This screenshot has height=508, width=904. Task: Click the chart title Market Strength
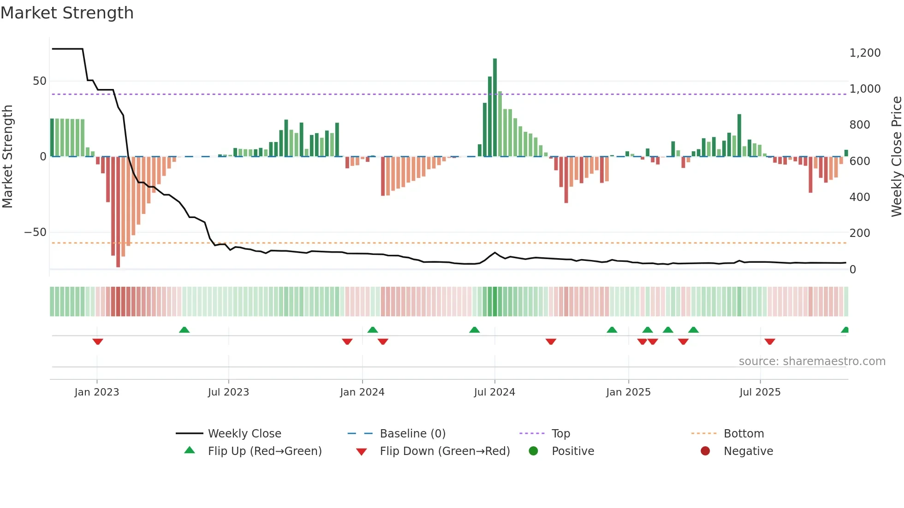pyautogui.click(x=67, y=13)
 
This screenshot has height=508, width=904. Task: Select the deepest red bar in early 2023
pyautogui.click(x=118, y=212)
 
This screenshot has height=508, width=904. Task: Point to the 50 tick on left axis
pyautogui.click(x=40, y=81)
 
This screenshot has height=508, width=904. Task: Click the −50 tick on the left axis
pyautogui.click(x=36, y=232)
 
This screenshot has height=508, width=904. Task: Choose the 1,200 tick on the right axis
pyautogui.click(x=865, y=53)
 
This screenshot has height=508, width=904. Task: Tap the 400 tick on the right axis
pyautogui.click(x=859, y=197)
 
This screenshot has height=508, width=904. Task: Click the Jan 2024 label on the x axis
pyautogui.click(x=362, y=392)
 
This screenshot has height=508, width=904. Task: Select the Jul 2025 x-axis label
pyautogui.click(x=760, y=392)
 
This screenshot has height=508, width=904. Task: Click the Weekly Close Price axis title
pyautogui.click(x=896, y=157)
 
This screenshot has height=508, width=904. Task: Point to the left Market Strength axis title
pyautogui.click(x=8, y=157)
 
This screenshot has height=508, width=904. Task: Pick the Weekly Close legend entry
pyautogui.click(x=244, y=434)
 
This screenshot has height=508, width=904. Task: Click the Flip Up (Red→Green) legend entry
pyautogui.click(x=264, y=451)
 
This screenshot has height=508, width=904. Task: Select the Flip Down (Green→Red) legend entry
pyautogui.click(x=444, y=451)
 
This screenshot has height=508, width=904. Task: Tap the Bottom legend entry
pyautogui.click(x=743, y=434)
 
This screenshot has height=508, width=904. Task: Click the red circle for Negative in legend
pyautogui.click(x=705, y=451)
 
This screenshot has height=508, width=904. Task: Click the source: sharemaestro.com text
pyautogui.click(x=812, y=361)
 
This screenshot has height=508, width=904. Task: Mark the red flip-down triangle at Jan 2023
pyautogui.click(x=97, y=342)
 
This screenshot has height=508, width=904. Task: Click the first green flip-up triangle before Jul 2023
pyautogui.click(x=184, y=330)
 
